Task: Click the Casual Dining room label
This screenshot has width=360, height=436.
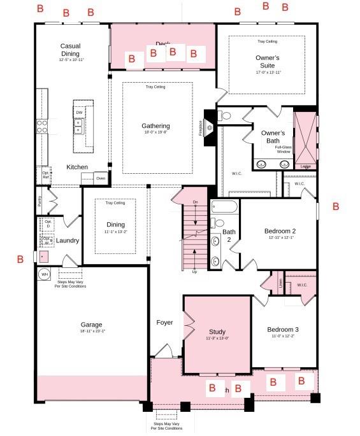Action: (x=70, y=50)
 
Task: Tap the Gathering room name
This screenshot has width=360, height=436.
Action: (x=155, y=126)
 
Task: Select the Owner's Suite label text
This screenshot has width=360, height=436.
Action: (x=268, y=61)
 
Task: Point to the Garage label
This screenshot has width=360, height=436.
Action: (x=91, y=324)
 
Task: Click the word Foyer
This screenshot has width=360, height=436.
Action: (x=164, y=323)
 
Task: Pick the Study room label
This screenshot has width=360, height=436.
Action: (x=217, y=332)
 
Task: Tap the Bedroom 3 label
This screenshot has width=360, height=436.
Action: (x=284, y=329)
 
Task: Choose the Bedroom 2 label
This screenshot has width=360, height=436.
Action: (x=280, y=231)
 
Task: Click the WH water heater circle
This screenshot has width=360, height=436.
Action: (x=45, y=275)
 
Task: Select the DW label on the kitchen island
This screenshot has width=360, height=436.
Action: (x=79, y=113)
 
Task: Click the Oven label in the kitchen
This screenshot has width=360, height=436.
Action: (x=101, y=179)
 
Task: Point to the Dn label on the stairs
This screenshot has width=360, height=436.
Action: (x=195, y=202)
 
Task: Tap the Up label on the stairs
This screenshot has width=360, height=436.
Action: (x=194, y=271)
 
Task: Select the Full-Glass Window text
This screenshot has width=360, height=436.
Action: (x=283, y=150)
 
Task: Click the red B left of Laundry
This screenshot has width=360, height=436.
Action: (x=20, y=259)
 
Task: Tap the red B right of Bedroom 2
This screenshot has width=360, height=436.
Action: (x=336, y=207)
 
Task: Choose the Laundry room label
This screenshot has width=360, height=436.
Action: (x=67, y=241)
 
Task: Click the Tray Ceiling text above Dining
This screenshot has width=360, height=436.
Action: (x=115, y=203)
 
